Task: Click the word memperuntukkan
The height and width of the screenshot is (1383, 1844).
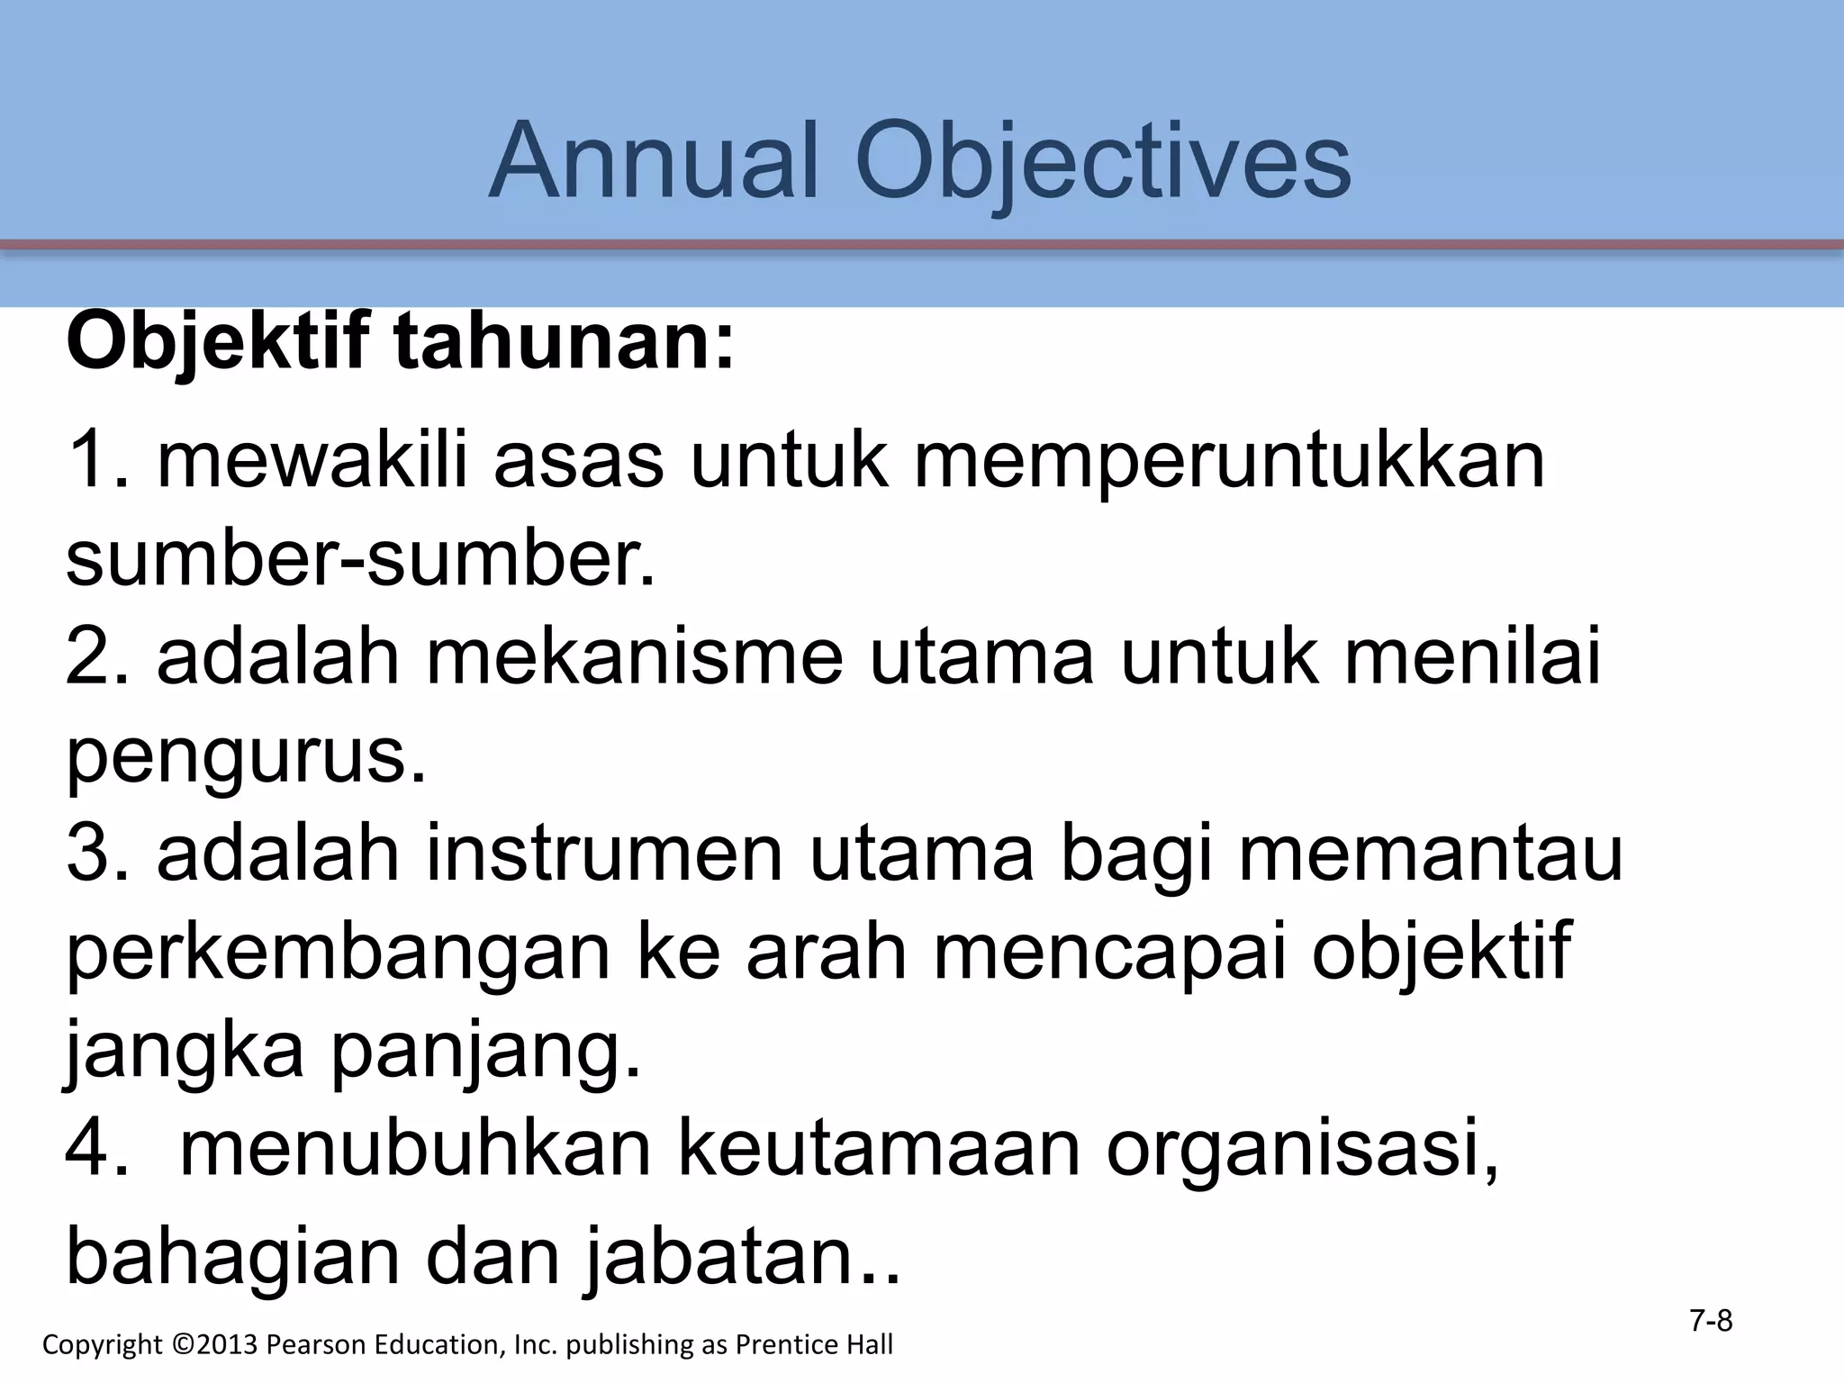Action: pos(1230,462)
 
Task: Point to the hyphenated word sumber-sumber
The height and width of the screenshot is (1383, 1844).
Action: pos(361,558)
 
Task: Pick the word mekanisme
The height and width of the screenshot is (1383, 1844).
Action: pos(635,657)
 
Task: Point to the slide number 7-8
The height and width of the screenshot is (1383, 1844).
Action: pos(1711,1321)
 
